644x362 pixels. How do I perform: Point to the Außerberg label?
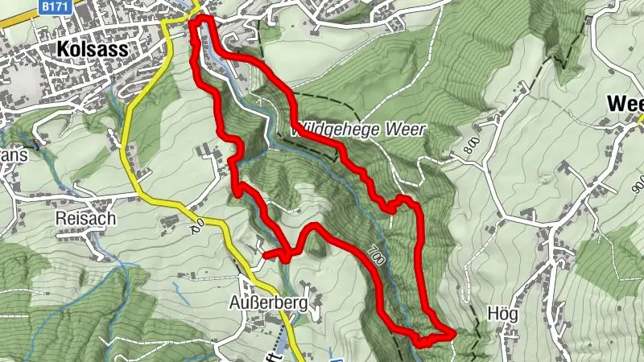click(269, 305)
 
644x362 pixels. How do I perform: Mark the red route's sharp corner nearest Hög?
click(453, 331)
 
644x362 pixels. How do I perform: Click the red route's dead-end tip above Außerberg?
click(265, 256)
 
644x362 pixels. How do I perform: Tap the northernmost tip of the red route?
click(200, 18)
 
